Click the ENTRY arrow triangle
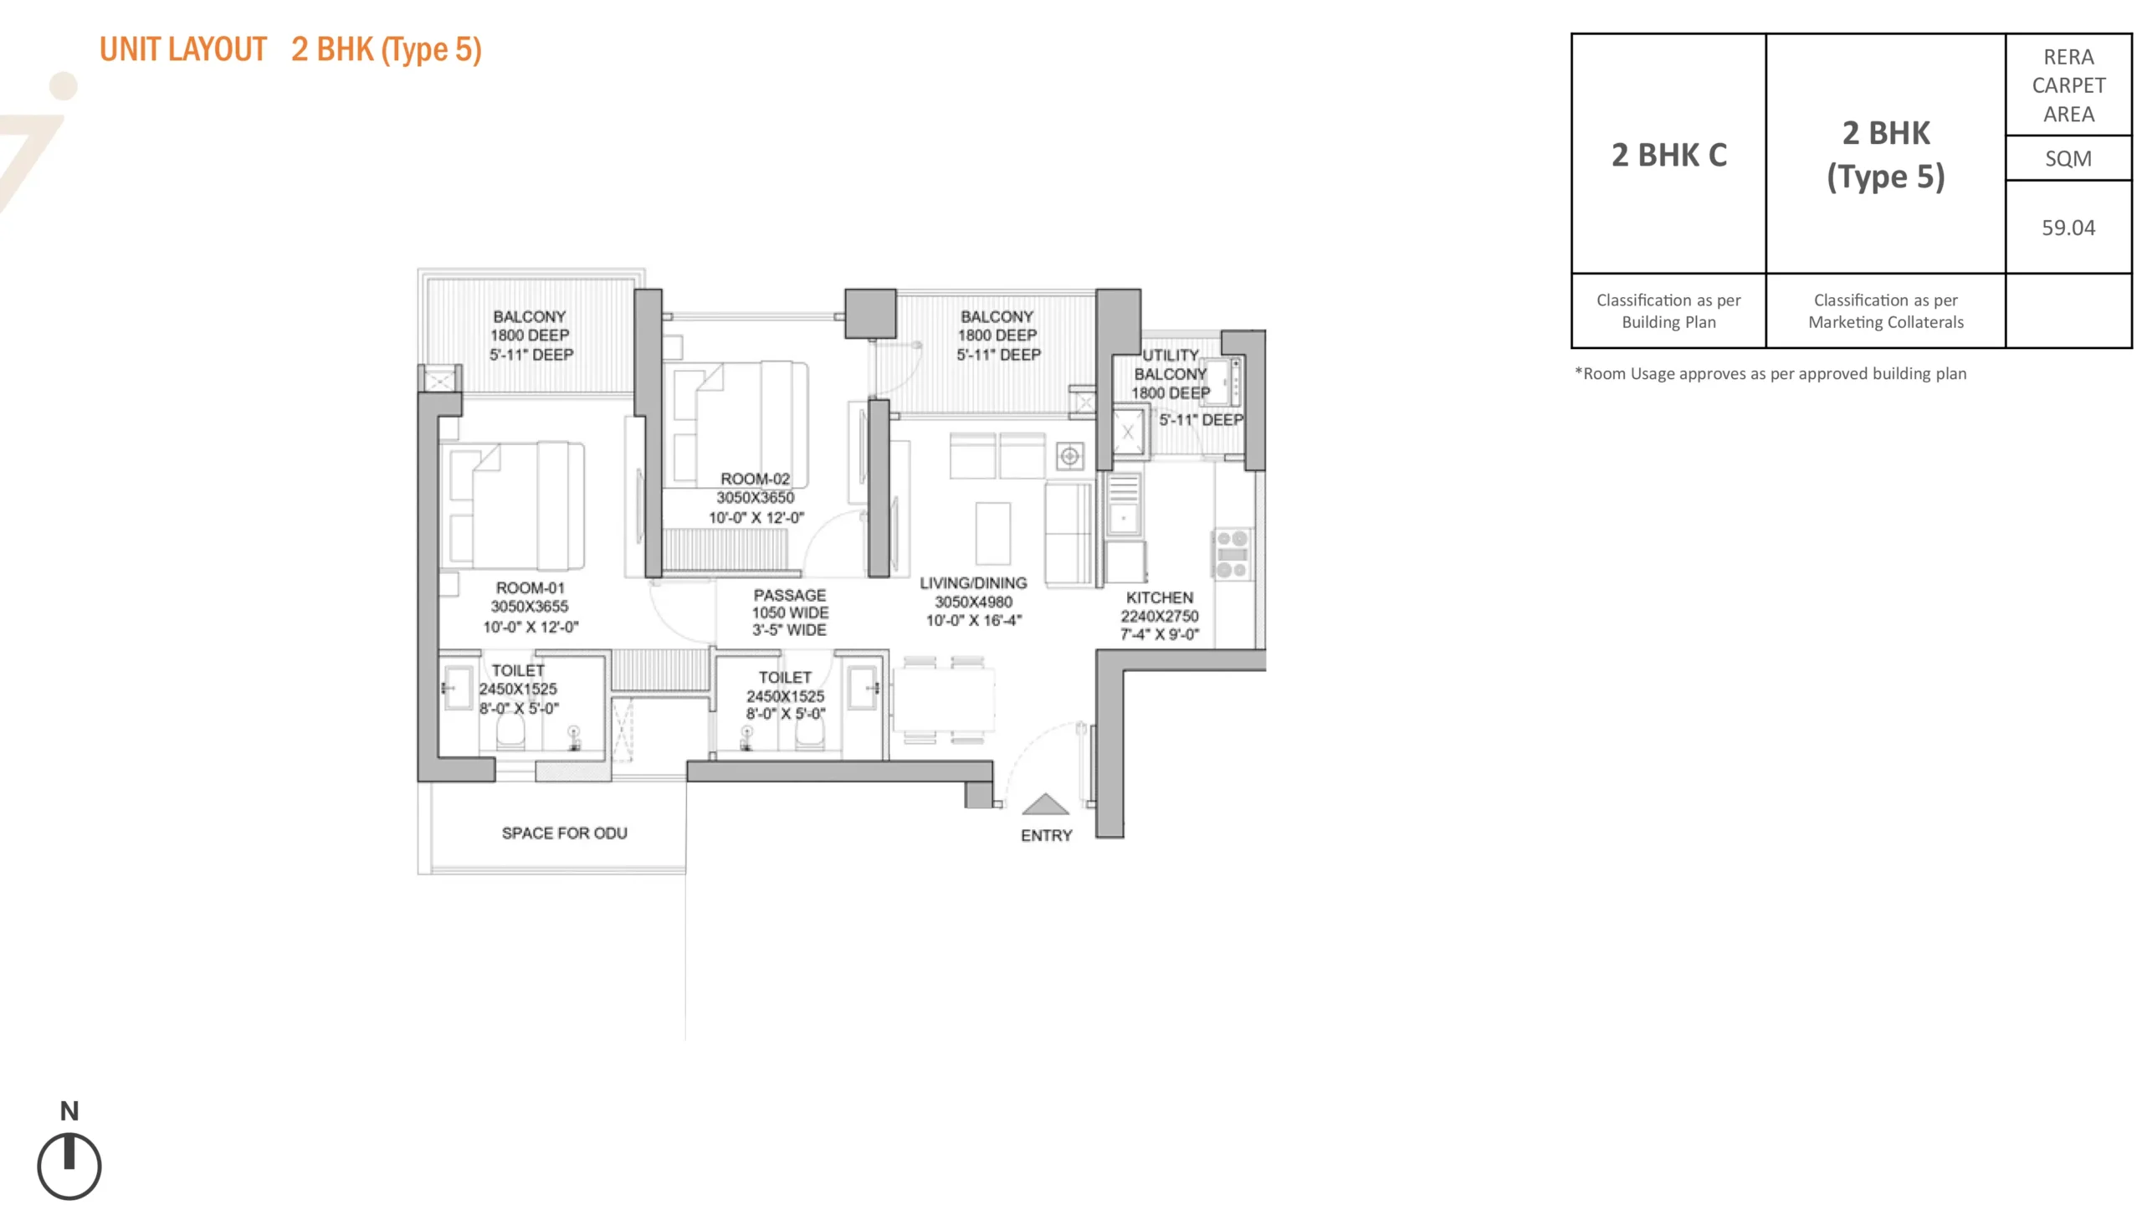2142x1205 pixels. (x=1045, y=805)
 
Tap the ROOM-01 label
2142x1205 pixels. (x=530, y=587)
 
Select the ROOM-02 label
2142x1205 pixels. (x=755, y=479)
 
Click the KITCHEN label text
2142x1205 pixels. (x=1159, y=597)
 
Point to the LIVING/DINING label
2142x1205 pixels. (x=973, y=582)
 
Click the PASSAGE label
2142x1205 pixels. (x=789, y=595)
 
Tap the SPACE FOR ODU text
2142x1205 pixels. (x=564, y=833)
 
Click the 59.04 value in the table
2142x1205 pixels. (x=2068, y=228)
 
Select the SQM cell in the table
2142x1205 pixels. (x=2068, y=158)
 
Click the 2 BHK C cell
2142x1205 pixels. (x=1668, y=155)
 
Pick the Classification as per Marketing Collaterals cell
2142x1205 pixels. (x=1885, y=310)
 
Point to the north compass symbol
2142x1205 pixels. (x=69, y=1165)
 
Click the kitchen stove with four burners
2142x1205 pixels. (x=1232, y=553)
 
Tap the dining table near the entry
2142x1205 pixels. (x=943, y=700)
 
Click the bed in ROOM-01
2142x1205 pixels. (x=513, y=506)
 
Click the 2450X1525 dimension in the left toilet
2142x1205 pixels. (x=517, y=689)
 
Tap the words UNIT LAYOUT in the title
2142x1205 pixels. (x=183, y=49)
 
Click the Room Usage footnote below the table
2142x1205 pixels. (x=1770, y=374)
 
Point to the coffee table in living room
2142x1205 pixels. (x=992, y=533)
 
